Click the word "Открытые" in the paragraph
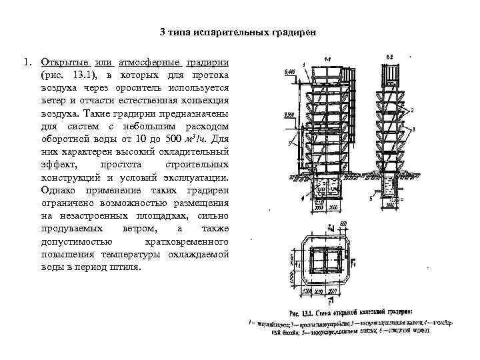click(59, 61)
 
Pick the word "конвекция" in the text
click(207, 100)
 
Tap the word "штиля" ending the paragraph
click(125, 267)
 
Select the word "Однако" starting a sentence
click(58, 190)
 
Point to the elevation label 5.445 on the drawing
click(289, 71)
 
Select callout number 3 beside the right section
click(415, 128)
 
